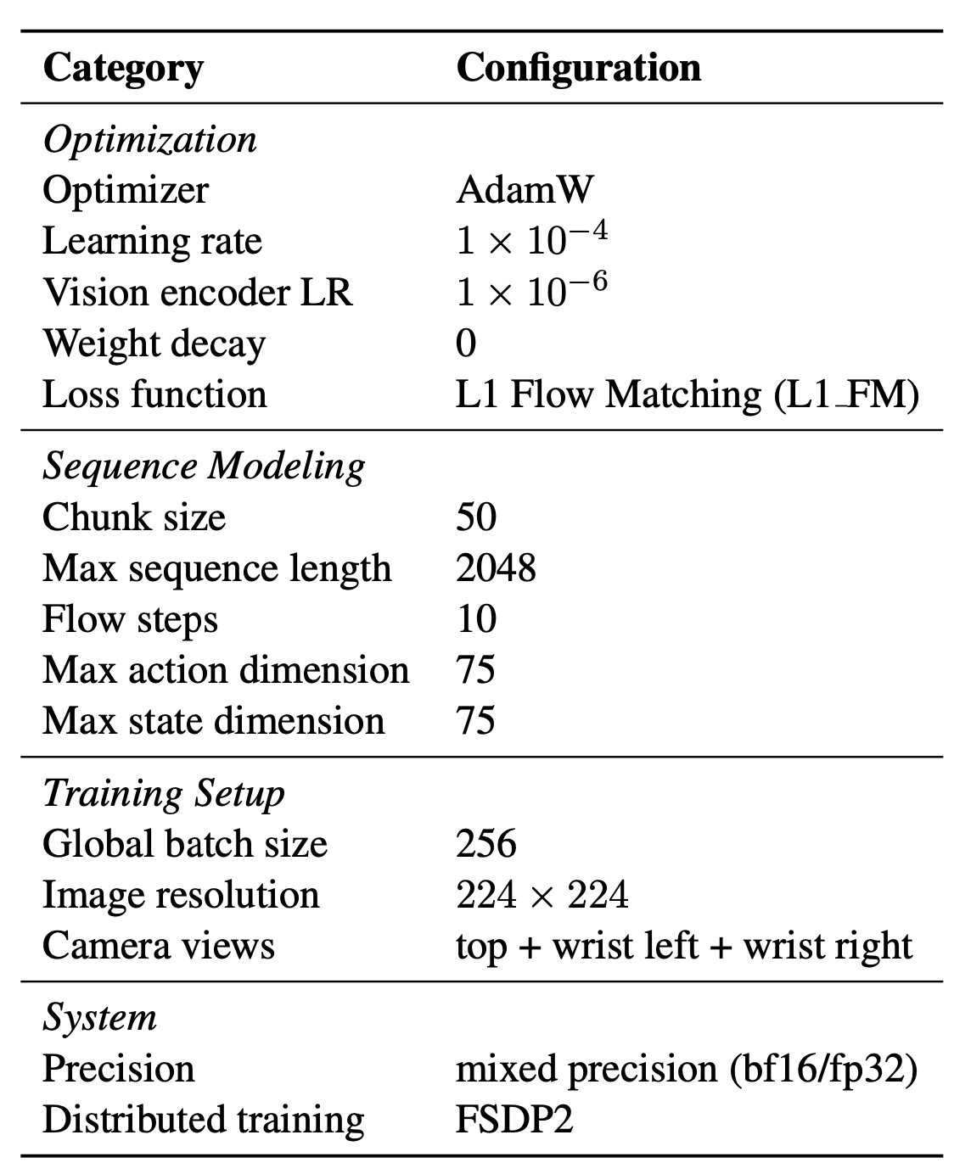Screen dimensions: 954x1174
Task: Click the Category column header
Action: (x=124, y=69)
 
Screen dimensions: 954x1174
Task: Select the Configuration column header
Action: (x=579, y=69)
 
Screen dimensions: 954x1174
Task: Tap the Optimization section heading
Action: (x=150, y=140)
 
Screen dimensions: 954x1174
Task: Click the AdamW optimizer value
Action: (x=525, y=190)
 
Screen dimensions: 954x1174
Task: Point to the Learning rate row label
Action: (x=152, y=242)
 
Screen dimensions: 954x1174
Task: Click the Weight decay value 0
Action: (x=466, y=343)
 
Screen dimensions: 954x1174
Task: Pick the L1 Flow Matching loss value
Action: (x=687, y=394)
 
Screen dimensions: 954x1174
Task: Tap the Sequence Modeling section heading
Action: (x=204, y=467)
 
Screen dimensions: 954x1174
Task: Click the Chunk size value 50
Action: (x=476, y=517)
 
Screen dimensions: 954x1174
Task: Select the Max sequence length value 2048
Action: (x=496, y=568)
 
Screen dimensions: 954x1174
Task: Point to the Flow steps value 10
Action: (x=476, y=619)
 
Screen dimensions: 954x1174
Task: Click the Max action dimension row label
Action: (x=226, y=670)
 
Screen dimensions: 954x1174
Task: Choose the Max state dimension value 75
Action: (x=475, y=721)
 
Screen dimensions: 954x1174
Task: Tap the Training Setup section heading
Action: (x=164, y=794)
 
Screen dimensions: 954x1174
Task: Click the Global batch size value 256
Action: (x=486, y=844)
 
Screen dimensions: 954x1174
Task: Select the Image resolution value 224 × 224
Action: (x=542, y=895)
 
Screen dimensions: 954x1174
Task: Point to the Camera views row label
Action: (x=159, y=946)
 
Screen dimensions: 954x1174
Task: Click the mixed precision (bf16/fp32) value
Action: (x=687, y=1070)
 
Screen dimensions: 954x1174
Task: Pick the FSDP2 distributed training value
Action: (x=514, y=1120)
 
